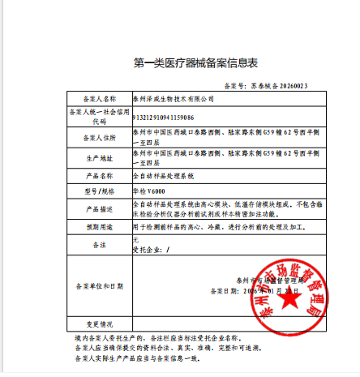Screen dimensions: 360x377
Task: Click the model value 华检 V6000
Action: pyautogui.click(x=149, y=191)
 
